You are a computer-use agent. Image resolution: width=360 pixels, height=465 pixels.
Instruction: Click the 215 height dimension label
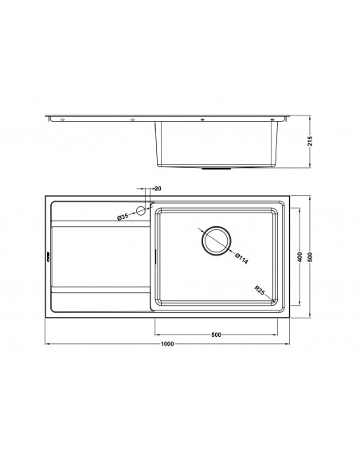coord(310,141)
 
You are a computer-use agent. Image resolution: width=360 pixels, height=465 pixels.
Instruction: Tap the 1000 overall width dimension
coord(167,344)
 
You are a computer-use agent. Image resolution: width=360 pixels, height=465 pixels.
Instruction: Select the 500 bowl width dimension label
coord(216,334)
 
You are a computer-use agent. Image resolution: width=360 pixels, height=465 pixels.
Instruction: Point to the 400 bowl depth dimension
coord(299,257)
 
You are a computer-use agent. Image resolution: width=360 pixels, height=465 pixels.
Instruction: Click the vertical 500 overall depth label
coord(310,257)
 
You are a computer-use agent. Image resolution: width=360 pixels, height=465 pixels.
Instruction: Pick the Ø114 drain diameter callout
coord(241,258)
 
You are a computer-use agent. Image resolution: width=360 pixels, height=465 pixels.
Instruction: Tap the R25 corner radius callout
coord(259,290)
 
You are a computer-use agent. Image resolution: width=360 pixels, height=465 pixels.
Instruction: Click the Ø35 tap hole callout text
coord(123,217)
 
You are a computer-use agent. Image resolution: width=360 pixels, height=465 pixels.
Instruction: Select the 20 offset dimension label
coord(158,189)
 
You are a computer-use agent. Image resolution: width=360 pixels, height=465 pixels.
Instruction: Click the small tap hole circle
coord(140,211)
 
